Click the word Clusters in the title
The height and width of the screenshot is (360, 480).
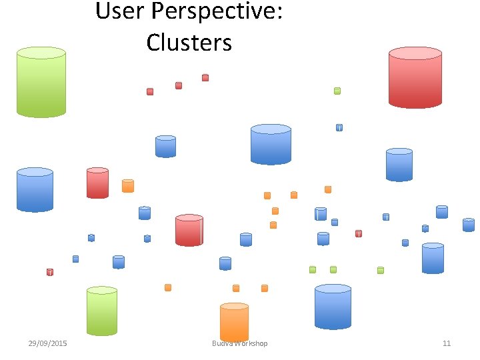(x=189, y=42)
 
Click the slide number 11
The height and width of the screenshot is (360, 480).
(x=447, y=343)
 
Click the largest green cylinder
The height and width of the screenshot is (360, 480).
(x=41, y=82)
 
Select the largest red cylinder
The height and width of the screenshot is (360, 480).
(x=415, y=77)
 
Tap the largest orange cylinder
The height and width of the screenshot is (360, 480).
(x=234, y=323)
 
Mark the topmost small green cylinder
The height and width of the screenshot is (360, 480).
(x=337, y=91)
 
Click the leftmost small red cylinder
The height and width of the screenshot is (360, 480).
(x=50, y=272)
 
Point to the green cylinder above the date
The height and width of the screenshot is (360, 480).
(x=102, y=311)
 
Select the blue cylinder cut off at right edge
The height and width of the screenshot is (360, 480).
(x=469, y=225)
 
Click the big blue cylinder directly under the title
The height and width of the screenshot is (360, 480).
(x=271, y=144)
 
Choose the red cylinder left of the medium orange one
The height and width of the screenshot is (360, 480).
(x=97, y=183)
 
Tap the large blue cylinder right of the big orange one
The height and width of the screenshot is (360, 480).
(x=333, y=307)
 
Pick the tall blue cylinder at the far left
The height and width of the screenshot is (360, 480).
(x=35, y=190)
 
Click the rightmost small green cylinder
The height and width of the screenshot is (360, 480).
(x=381, y=271)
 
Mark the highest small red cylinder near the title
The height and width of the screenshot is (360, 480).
(x=205, y=77)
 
